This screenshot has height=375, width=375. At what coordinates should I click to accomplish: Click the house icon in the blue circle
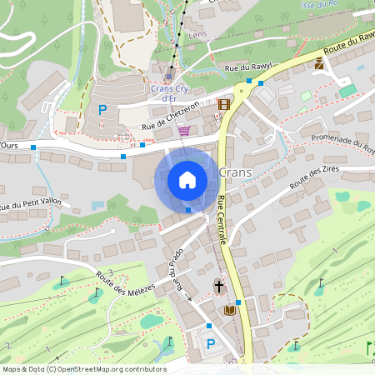(187, 179)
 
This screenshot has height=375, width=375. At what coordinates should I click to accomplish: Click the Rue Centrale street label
(222, 219)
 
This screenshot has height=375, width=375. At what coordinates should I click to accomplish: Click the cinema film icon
(222, 105)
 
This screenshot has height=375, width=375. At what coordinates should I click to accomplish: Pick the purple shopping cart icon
(182, 130)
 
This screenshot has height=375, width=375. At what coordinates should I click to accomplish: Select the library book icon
(230, 311)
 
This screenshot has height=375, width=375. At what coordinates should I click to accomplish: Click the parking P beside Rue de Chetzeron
(103, 109)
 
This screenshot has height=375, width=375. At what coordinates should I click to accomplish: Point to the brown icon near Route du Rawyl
(319, 63)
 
